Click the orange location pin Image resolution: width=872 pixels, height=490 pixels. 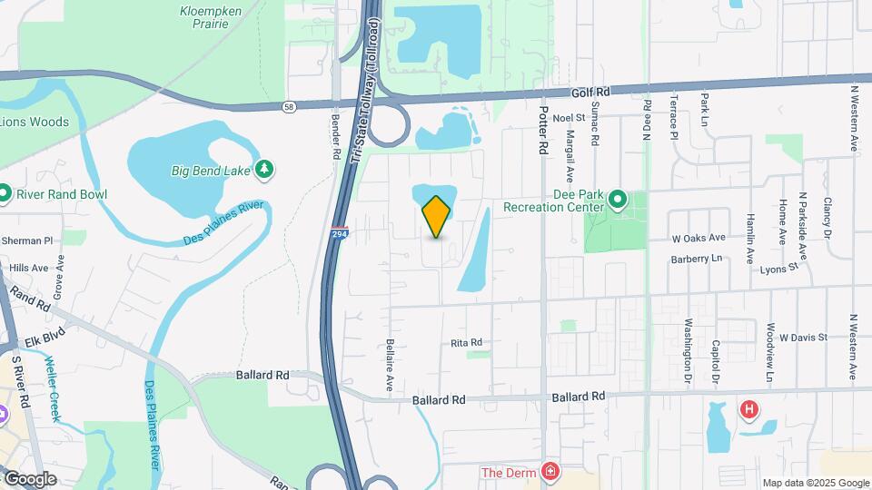(436, 216)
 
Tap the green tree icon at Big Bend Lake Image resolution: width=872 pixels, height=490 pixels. (264, 169)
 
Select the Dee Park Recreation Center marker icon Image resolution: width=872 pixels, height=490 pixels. (618, 198)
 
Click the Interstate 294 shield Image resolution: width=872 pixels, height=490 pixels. (338, 232)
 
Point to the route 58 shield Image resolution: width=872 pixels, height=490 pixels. (288, 106)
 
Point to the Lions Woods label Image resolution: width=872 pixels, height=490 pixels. (35, 122)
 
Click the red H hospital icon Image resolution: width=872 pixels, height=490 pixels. (748, 410)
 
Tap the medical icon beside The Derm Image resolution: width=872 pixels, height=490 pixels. (550, 472)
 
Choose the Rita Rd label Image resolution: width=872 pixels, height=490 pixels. (466, 343)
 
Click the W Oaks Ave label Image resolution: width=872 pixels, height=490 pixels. (699, 238)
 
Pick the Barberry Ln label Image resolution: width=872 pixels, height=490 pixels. (697, 259)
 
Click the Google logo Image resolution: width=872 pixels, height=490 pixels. (30, 479)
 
